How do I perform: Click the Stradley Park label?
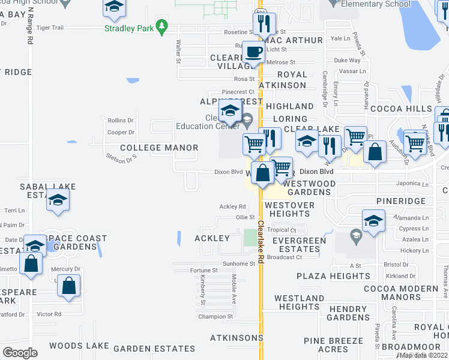point(128,28)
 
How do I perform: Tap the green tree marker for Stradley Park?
point(161,26)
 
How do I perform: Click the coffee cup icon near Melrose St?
point(254,53)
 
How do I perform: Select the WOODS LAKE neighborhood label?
point(79,346)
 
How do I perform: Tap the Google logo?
point(20,352)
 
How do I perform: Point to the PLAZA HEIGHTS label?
point(334,276)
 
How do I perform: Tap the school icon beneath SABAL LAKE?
point(58,200)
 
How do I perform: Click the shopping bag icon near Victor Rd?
point(69,287)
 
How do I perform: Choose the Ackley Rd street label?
point(233,206)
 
